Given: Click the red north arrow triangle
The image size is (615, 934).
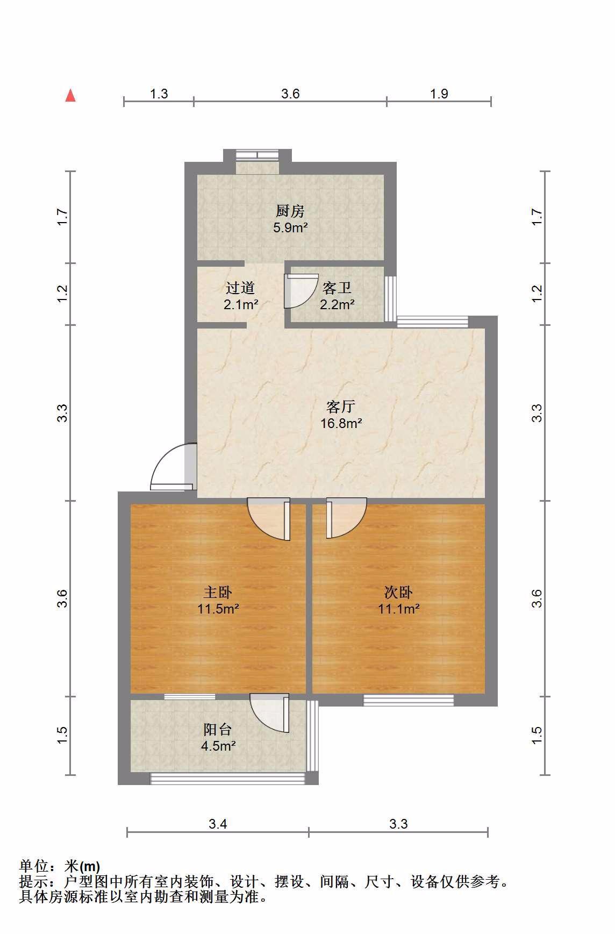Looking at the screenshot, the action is coord(70,95).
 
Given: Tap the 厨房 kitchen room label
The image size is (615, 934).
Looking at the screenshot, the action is coord(290,211).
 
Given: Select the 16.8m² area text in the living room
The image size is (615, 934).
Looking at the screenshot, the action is coord(341,423).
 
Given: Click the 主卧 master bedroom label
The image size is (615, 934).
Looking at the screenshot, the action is coord(218,593).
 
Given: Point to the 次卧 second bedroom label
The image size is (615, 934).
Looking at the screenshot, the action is coord(398,593).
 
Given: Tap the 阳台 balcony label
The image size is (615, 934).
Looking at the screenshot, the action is coord(218,730).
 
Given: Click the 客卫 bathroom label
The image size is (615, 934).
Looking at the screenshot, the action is coord(337,288).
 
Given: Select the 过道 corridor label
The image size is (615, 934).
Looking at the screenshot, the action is coord(240,288).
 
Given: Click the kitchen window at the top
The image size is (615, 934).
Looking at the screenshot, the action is coord(258,155).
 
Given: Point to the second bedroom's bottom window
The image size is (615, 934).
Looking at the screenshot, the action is coord(409,700).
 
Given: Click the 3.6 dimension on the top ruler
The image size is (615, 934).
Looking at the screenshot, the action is coord(290,94).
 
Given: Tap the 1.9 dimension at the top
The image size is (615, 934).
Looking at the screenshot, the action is coord(439,94).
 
